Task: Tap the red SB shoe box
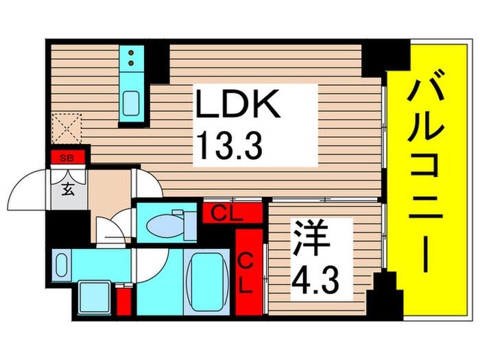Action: tap(67, 158)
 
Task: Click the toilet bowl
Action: tap(165, 224)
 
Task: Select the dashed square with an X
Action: tap(66, 128)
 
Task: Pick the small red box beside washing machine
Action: tap(123, 302)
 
